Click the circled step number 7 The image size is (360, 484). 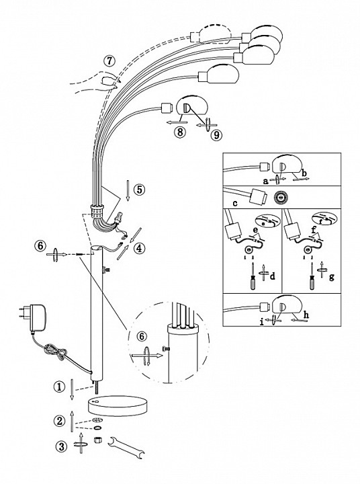(x=109, y=61)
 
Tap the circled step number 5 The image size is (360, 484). (x=140, y=190)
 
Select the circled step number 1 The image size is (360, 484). (x=60, y=387)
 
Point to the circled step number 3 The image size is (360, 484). (x=61, y=446)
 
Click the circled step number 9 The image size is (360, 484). (x=217, y=135)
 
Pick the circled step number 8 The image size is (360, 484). (x=180, y=132)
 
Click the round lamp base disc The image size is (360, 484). (x=118, y=405)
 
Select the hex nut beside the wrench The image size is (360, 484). (x=98, y=439)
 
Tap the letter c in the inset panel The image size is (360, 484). (x=235, y=203)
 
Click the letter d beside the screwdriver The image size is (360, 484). (x=272, y=276)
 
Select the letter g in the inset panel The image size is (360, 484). (x=332, y=277)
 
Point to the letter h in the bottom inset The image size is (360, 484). (x=306, y=315)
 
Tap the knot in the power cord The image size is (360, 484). (x=56, y=351)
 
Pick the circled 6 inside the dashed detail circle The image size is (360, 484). (x=142, y=336)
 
